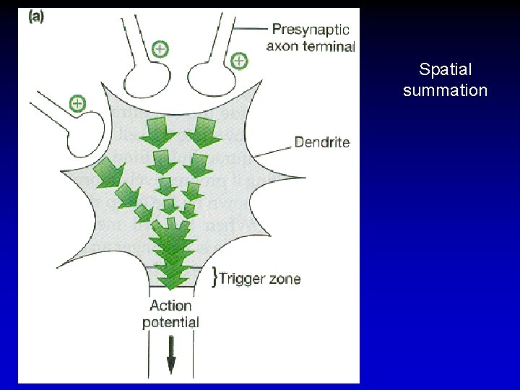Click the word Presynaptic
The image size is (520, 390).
[x=311, y=30]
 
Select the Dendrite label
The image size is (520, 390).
[x=322, y=142]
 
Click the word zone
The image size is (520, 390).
[x=284, y=279]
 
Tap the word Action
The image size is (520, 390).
[x=170, y=305]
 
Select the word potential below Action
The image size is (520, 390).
[x=170, y=322]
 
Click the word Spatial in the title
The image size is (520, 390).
[x=445, y=70]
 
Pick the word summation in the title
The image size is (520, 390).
[x=445, y=90]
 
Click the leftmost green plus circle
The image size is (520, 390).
[x=77, y=103]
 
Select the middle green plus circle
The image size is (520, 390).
[x=160, y=49]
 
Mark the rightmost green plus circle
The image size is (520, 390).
[x=239, y=61]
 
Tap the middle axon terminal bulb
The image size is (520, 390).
[x=148, y=78]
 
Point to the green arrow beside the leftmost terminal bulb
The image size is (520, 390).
[x=109, y=170]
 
